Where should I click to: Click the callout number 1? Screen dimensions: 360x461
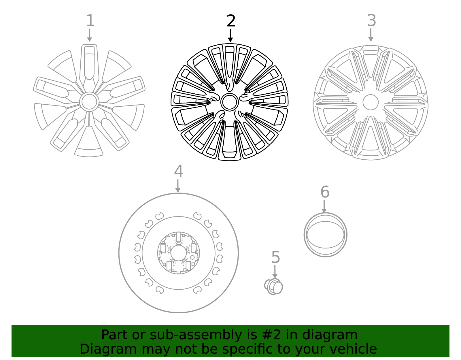[90, 21]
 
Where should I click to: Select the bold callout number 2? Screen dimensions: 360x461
[231, 21]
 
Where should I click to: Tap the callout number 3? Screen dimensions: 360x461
[371, 20]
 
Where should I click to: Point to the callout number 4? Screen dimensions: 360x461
[178, 171]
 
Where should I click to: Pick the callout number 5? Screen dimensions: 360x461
[275, 257]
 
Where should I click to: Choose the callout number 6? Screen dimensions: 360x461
[325, 192]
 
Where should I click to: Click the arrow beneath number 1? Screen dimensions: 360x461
[90, 35]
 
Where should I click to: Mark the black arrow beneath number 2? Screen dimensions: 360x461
[230, 35]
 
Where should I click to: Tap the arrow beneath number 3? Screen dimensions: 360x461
[371, 35]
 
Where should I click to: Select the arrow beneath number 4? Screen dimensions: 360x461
[178, 186]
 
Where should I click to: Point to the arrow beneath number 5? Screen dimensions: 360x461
[275, 272]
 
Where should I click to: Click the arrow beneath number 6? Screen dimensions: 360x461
[324, 206]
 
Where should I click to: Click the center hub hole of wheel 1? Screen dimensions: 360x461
[89, 101]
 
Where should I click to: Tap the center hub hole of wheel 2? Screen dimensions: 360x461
[230, 102]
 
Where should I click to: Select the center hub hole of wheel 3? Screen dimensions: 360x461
[371, 102]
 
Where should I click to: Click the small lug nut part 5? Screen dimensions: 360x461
[274, 287]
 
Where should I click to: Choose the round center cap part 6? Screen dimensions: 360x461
[325, 235]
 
